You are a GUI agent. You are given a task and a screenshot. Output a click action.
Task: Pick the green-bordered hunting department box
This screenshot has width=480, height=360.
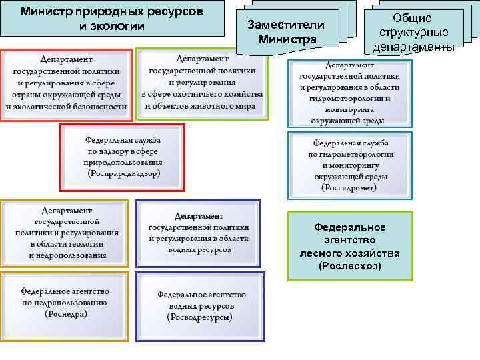point(203,83)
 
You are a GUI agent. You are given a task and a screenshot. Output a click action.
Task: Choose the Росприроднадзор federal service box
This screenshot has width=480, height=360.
point(123,157)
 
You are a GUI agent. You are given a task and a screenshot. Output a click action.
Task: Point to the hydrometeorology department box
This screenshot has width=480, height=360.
point(350,93)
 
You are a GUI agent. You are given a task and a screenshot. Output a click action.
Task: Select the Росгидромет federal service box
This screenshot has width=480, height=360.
point(350,165)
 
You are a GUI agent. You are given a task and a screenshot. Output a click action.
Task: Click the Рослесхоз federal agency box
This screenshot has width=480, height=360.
point(350,246)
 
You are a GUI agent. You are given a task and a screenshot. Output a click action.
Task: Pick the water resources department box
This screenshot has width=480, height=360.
point(199,233)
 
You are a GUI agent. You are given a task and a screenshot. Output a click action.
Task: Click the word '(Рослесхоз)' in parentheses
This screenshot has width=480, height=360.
point(350,266)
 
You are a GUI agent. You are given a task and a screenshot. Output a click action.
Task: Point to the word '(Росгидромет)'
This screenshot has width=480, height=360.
point(350,189)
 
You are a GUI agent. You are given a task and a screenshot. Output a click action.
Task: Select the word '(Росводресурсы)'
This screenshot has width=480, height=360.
point(199,317)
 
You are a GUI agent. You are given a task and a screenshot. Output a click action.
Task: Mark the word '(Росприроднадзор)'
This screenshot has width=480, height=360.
point(123,173)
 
